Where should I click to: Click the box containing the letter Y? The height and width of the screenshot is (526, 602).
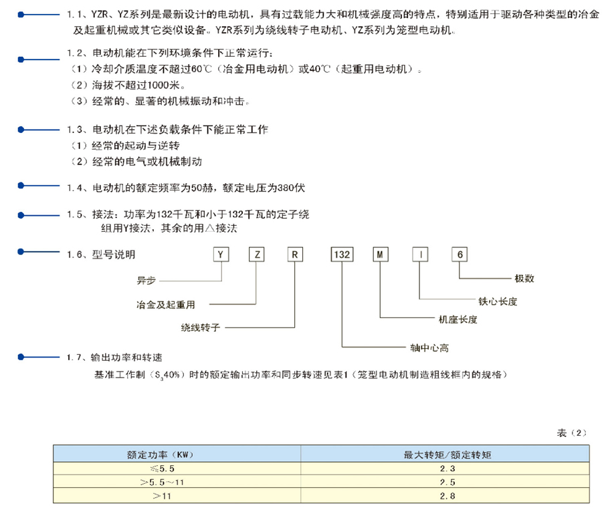tap(221, 255)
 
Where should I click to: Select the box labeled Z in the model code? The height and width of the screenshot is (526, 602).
tap(257, 255)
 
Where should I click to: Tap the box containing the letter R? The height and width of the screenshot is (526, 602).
tap(295, 255)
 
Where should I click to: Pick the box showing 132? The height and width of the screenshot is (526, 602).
tap(342, 255)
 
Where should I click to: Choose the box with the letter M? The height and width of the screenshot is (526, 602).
tap(381, 255)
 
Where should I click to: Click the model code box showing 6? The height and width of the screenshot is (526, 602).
tap(460, 255)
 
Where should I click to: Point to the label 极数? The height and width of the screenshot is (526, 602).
tap(524, 279)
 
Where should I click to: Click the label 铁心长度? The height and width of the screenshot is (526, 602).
tap(498, 301)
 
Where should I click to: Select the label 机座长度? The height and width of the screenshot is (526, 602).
tap(458, 319)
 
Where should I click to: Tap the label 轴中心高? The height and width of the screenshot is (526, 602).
tap(429, 348)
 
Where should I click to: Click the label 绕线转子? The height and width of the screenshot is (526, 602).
tap(201, 327)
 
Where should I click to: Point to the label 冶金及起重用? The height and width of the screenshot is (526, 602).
tap(166, 305)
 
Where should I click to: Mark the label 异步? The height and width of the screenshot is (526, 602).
tap(146, 281)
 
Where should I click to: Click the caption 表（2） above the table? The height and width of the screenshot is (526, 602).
tap(572, 433)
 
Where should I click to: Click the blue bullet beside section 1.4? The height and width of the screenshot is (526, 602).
tap(21, 186)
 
